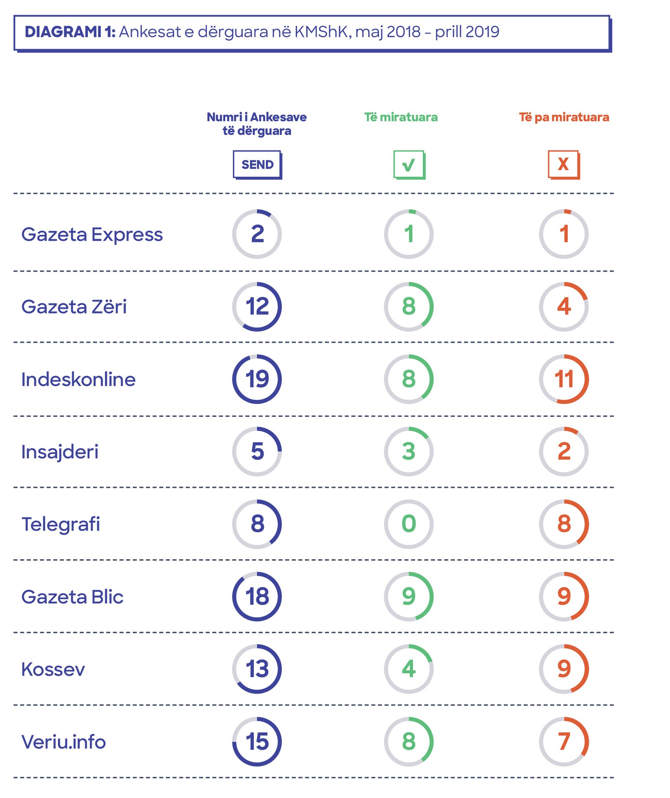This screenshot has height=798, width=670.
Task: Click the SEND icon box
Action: coord(257,164)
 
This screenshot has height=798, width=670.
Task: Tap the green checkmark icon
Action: coord(409,164)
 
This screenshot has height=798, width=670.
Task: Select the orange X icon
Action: coord(564,164)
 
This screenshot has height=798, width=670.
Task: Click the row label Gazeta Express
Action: coord(92,234)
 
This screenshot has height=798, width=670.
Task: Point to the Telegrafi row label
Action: coord(61,524)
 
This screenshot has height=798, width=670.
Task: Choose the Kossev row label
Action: coord(53,669)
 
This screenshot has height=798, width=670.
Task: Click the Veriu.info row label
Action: coord(64,742)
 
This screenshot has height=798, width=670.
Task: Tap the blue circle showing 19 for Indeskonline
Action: coord(257,379)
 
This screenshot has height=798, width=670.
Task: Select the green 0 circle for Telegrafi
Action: coord(409,524)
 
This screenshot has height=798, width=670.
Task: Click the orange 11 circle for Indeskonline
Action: coord(564,379)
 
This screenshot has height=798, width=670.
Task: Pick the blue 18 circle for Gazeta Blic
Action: coord(257,596)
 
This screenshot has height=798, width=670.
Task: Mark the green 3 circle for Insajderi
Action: coord(409,452)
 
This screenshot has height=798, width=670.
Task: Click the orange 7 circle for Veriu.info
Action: coord(564,742)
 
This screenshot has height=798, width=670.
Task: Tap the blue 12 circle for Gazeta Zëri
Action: coord(257,307)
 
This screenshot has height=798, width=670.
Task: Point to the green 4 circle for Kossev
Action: coord(409,669)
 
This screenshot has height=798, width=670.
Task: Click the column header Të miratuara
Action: coord(401,117)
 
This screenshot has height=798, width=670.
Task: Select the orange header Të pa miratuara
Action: coord(564,117)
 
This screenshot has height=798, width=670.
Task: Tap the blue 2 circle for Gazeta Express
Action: coord(257,234)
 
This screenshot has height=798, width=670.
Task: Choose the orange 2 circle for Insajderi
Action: coord(564,452)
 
